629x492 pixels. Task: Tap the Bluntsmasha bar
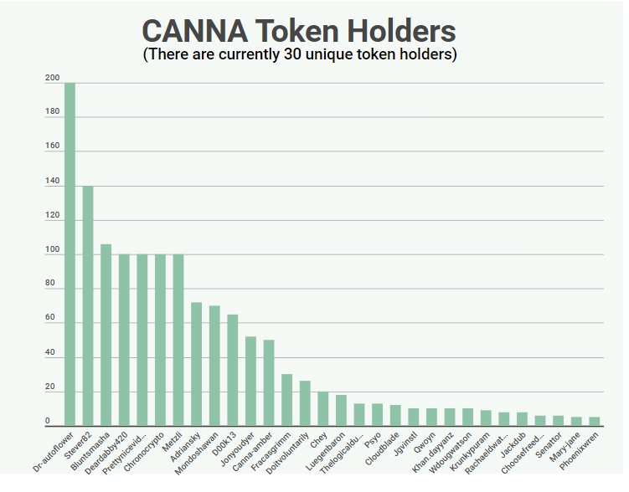[x=106, y=335]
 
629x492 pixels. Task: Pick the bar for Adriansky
[x=197, y=364]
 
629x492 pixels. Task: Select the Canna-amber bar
[x=269, y=382]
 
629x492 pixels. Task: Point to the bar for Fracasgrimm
[x=287, y=400]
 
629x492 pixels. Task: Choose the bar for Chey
[x=323, y=408]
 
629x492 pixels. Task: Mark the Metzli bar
[x=178, y=340]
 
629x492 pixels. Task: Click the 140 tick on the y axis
[x=53, y=182]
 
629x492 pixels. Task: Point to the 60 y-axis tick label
[x=50, y=318]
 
